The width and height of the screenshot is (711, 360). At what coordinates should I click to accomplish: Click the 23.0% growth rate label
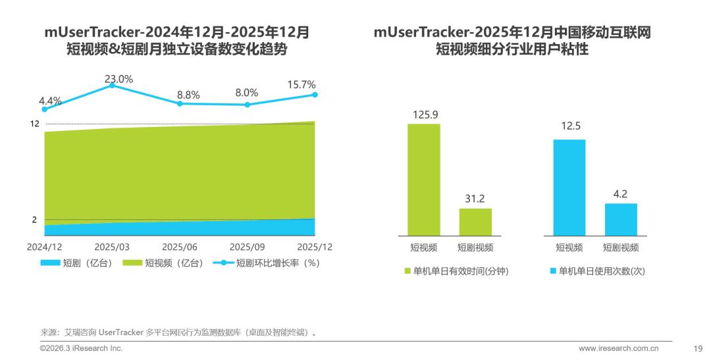pos(118,79)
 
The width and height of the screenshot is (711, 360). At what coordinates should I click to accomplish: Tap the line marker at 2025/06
pos(180,103)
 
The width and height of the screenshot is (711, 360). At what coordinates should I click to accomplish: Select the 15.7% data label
pos(301,85)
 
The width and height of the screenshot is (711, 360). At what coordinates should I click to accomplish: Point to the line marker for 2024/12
pos(45,109)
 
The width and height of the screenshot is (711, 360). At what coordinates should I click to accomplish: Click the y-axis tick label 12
pos(35,124)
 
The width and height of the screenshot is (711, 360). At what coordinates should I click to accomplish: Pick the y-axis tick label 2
pos(35,220)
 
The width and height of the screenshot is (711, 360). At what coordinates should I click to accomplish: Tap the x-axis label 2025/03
pos(112,247)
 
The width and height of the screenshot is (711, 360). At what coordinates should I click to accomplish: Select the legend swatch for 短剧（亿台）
pos(51,263)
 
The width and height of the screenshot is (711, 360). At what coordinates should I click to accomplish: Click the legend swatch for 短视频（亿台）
pos(132,263)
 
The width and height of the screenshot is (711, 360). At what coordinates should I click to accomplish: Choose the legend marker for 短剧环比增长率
pos(223,263)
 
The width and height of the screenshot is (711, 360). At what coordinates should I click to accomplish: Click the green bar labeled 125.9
pos(424,179)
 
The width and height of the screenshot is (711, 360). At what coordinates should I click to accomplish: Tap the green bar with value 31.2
pos(475,222)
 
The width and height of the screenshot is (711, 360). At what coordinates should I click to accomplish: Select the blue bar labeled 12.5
pos(569,187)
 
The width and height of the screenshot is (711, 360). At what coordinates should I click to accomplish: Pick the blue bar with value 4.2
pos(621,219)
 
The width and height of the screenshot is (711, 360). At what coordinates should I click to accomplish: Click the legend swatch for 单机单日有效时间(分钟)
pos(408,271)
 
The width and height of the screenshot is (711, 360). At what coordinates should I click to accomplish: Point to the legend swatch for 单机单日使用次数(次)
pos(553,271)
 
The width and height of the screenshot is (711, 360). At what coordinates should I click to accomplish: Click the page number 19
pos(698,348)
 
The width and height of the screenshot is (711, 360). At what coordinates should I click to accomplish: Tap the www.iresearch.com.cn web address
pos(624,348)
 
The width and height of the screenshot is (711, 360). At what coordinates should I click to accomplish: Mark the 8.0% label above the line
pos(247,93)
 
